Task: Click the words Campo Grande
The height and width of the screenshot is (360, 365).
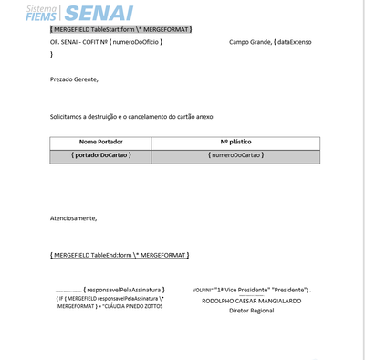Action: (x=249, y=43)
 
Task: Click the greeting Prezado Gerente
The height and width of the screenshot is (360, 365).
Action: (x=74, y=79)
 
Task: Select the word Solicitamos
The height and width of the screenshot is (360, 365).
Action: (x=70, y=117)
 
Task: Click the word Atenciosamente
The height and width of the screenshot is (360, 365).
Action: (x=73, y=218)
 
